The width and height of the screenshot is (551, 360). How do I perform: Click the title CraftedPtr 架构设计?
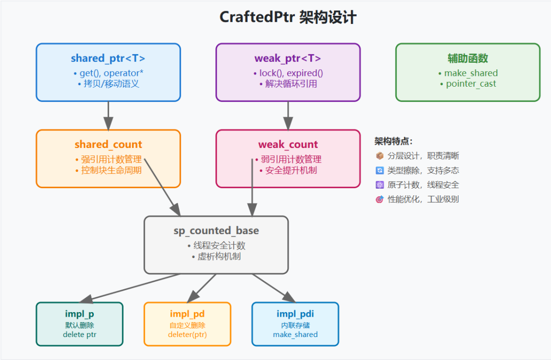tap(288, 17)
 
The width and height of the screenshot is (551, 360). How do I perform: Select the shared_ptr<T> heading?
tap(108, 59)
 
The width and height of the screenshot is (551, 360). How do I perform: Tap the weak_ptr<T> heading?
tap(288, 59)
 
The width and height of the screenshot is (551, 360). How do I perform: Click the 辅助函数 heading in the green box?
tap(468, 59)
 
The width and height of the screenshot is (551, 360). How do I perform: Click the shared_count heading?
tap(108, 145)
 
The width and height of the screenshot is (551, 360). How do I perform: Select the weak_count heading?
tap(288, 145)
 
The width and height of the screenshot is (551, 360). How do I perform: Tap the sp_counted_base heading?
tap(216, 231)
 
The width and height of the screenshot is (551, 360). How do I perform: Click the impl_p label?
tap(80, 314)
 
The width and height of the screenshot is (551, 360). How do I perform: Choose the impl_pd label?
tap(187, 314)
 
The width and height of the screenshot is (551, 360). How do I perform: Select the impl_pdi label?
tap(295, 314)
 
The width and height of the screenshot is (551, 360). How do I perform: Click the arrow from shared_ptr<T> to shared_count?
tap(108, 115)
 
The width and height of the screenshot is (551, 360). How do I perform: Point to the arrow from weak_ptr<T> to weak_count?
tap(288, 115)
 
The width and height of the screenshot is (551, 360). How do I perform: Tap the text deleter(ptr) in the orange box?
tap(187, 335)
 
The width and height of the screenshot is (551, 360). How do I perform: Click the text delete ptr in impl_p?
tap(80, 335)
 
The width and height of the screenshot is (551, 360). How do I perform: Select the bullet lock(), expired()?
tap(288, 73)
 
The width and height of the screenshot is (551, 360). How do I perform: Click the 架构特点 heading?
tap(393, 141)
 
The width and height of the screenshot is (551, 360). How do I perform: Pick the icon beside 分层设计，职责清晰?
tap(380, 156)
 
